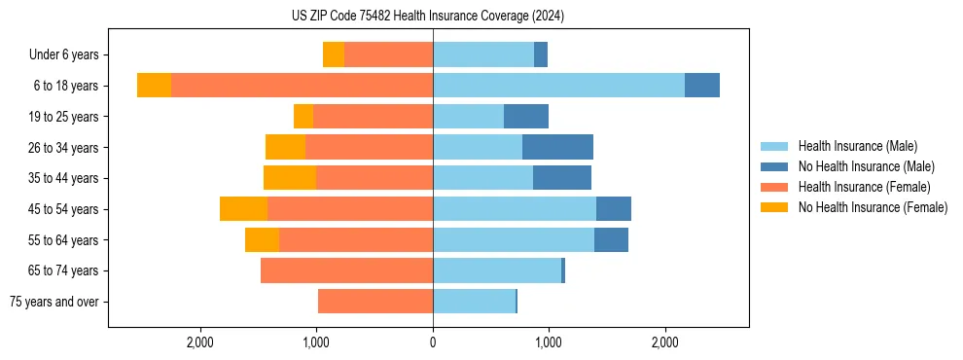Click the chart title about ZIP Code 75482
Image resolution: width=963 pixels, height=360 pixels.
click(428, 16)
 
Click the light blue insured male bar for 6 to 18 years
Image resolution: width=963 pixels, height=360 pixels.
click(558, 86)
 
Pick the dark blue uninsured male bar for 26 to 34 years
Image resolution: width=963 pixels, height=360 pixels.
click(557, 148)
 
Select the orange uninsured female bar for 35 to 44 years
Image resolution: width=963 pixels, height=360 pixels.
click(290, 178)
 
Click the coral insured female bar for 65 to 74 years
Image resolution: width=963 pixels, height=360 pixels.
click(346, 270)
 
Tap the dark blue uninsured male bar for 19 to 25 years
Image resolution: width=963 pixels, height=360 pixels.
click(526, 117)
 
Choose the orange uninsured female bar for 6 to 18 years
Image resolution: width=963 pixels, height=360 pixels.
click(154, 86)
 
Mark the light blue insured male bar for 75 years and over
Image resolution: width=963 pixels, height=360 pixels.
click(474, 302)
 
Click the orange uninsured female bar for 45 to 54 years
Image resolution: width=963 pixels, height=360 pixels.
click(243, 209)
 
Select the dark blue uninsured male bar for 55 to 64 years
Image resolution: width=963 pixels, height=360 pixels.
click(611, 240)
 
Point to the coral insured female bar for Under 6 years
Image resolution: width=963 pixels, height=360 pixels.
click(388, 55)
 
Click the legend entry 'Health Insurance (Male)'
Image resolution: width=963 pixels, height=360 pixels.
click(857, 146)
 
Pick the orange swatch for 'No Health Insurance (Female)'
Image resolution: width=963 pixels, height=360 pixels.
click(774, 207)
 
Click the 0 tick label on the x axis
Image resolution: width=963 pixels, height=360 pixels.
click(433, 343)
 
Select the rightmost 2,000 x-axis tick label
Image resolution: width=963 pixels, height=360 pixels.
click(665, 343)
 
